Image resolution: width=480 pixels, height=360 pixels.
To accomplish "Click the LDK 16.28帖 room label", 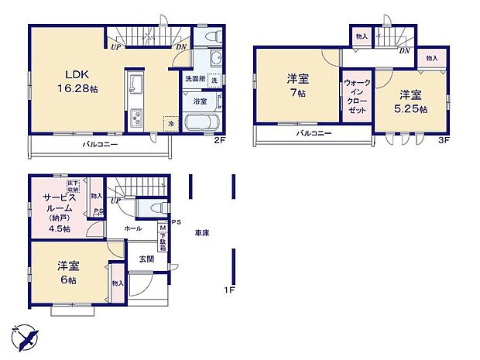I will click(80, 81).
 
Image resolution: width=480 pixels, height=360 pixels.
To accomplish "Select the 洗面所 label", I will click(194, 80).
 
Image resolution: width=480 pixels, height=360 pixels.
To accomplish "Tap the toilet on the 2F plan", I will click(214, 38).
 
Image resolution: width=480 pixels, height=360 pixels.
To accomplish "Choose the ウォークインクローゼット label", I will click(356, 97).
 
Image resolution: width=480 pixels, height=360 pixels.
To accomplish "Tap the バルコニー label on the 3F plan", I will click(314, 134).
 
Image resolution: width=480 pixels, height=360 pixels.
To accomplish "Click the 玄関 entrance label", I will click(146, 259).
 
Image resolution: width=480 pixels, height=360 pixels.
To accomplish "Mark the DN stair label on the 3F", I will click(404, 51).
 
